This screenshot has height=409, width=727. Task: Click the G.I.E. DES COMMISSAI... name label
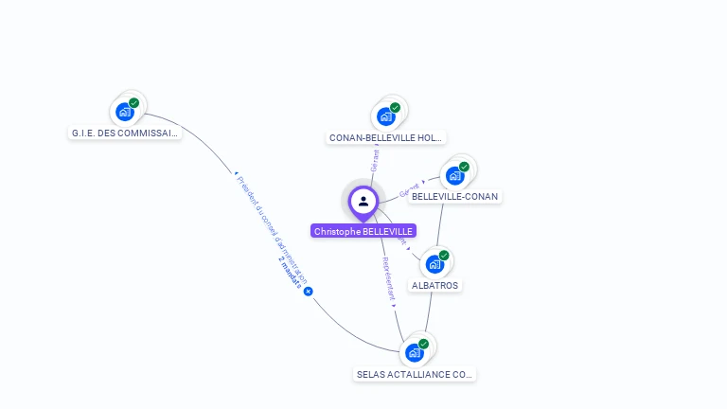click(125, 133)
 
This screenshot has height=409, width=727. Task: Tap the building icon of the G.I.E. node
click(125, 112)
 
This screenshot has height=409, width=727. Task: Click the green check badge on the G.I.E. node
click(134, 103)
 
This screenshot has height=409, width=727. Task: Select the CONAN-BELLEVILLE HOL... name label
click(385, 138)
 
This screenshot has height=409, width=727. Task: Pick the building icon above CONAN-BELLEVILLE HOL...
click(385, 116)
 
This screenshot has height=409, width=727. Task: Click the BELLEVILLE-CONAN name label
click(454, 197)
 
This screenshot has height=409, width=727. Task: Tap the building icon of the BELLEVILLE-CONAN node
click(454, 176)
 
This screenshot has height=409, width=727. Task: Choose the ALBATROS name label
click(435, 285)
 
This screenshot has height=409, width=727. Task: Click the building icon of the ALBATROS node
click(434, 263)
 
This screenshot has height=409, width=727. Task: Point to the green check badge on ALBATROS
click(444, 255)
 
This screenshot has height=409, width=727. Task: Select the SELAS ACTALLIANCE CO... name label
click(415, 375)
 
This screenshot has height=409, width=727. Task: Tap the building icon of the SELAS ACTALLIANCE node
click(414, 353)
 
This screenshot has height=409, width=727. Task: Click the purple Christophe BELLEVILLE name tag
click(363, 231)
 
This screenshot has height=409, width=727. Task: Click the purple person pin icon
click(363, 201)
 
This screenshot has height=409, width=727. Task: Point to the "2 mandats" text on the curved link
click(291, 270)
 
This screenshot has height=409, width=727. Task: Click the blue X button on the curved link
click(308, 292)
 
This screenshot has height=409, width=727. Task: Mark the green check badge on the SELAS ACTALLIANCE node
click(423, 345)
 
